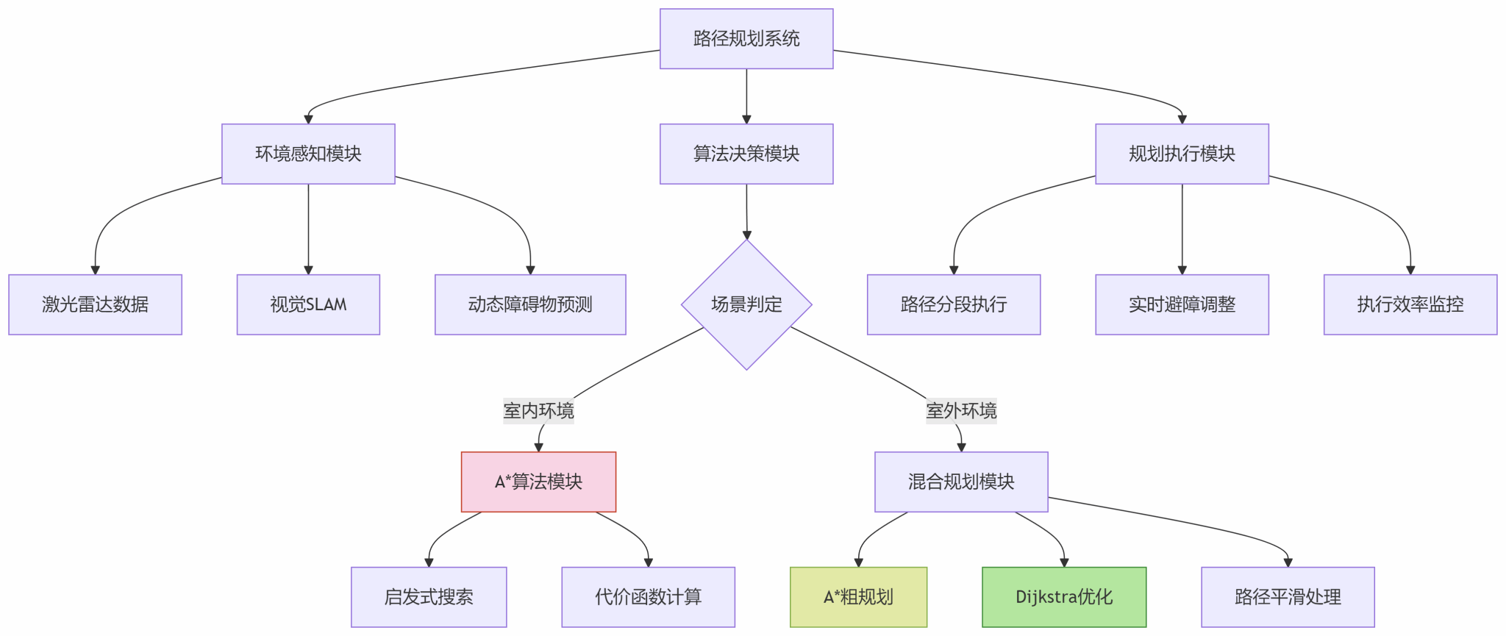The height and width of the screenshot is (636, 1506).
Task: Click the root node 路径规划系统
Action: pyautogui.click(x=746, y=39)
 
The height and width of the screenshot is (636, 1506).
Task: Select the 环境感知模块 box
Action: pyautogui.click(x=308, y=154)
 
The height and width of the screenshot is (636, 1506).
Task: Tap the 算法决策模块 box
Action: pyautogui.click(x=746, y=154)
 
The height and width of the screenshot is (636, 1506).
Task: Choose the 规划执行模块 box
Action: pyautogui.click(x=1182, y=154)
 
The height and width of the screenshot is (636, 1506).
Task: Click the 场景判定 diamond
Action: pyautogui.click(x=746, y=304)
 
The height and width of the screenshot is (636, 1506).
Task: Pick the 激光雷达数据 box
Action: pyautogui.click(x=95, y=304)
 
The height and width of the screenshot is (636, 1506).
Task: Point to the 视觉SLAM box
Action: pyautogui.click(x=308, y=304)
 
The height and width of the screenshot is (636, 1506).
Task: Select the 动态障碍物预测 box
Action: pyautogui.click(x=530, y=304)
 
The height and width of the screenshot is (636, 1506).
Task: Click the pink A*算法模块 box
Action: pyautogui.click(x=538, y=482)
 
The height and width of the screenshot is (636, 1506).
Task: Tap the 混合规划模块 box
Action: pyautogui.click(x=961, y=482)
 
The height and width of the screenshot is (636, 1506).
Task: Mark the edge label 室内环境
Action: pyautogui.click(x=538, y=410)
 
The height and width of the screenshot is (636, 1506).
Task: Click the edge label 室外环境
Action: pyautogui.click(x=961, y=410)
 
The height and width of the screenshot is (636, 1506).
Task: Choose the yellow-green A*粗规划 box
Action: pyautogui.click(x=858, y=597)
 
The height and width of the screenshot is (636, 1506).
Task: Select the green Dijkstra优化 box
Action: pyautogui.click(x=1064, y=597)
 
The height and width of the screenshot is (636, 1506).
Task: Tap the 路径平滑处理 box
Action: pyautogui.click(x=1288, y=597)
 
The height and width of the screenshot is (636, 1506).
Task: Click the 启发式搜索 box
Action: pyautogui.click(x=429, y=597)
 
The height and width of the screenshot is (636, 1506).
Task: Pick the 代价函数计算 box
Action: pyautogui.click(x=648, y=597)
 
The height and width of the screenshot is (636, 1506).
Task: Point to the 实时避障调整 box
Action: pyautogui.click(x=1182, y=304)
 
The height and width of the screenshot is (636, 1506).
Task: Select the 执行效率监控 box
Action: pyautogui.click(x=1410, y=304)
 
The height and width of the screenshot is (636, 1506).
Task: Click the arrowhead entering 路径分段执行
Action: pyautogui.click(x=954, y=270)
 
